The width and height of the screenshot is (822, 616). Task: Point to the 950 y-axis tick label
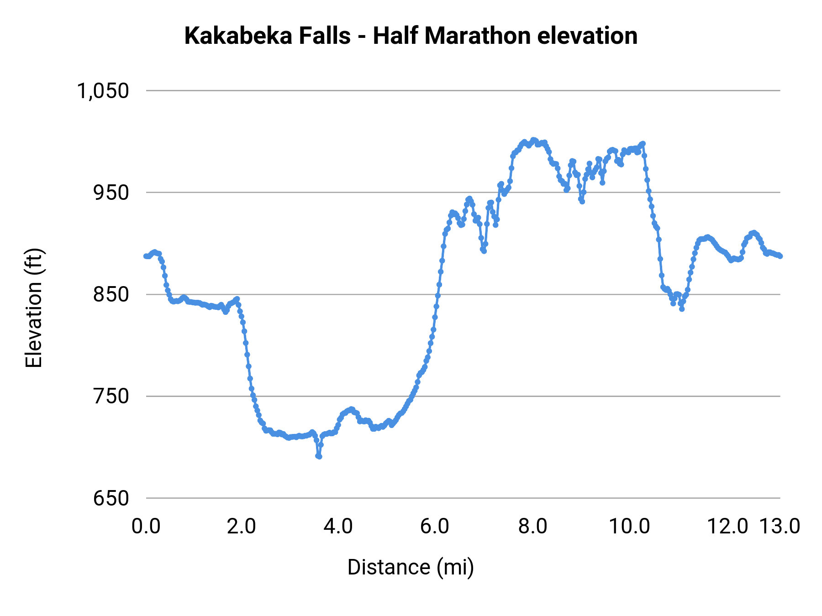pos(111,193)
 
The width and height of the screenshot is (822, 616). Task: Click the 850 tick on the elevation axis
pos(111,295)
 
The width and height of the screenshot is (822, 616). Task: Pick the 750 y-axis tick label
pos(111,397)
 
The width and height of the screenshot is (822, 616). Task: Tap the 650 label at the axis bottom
pos(111,498)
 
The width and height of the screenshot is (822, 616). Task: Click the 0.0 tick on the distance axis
pos(146,526)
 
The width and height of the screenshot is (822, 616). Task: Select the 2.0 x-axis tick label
pos(242,526)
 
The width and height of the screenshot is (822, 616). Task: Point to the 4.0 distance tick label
pos(338,526)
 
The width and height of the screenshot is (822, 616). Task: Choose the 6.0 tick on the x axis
pos(435,526)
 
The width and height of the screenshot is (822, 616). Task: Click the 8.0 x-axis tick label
pos(533,526)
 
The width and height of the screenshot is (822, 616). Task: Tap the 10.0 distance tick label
pos(630,526)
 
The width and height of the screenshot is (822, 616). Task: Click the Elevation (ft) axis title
pos(34,308)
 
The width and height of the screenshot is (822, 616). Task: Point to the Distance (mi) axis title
pos(411,567)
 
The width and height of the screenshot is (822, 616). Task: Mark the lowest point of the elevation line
pos(319,456)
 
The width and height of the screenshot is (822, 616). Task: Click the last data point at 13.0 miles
pos(780,256)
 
